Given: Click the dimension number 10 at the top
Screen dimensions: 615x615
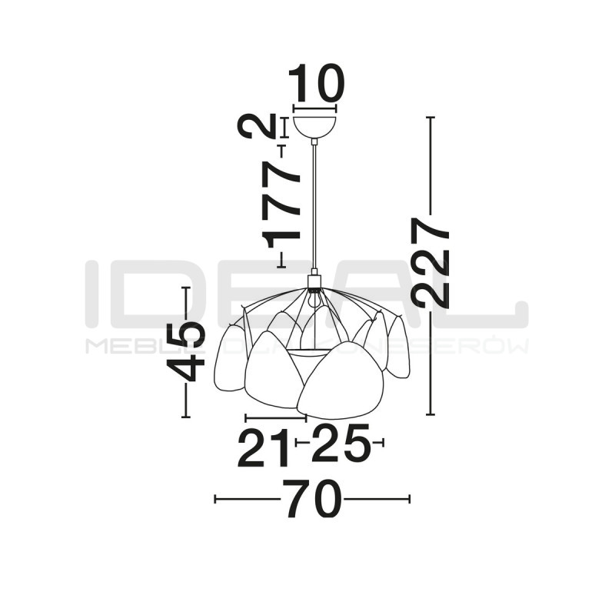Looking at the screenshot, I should (x=315, y=85).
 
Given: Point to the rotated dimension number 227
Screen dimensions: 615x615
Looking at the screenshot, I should (x=430, y=261).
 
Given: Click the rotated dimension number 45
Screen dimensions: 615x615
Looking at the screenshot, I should (x=187, y=351).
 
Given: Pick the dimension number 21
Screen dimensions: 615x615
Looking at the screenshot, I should (x=263, y=448).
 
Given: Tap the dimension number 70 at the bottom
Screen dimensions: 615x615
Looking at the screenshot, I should (x=312, y=500).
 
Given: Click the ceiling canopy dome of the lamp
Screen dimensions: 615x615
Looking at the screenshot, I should (x=315, y=125).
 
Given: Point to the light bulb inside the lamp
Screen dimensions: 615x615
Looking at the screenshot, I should (x=313, y=301).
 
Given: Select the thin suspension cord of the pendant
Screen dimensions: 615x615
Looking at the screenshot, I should (x=314, y=208).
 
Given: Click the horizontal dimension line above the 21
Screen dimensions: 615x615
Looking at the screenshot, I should (x=275, y=417).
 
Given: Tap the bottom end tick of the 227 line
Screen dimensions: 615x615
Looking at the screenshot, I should (x=430, y=414).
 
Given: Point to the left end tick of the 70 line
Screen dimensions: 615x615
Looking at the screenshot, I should (x=215, y=499).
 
